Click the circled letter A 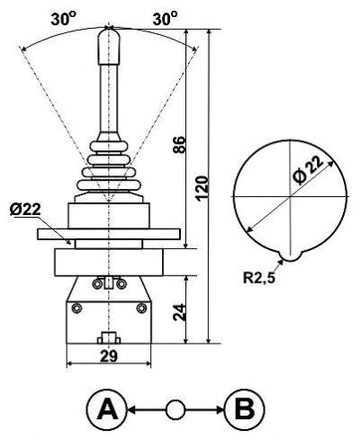(x=106, y=409)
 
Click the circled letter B (x=245, y=409)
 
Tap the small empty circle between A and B (x=175, y=409)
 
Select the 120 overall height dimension (x=202, y=188)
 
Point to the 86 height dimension (x=180, y=145)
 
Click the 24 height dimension (x=180, y=313)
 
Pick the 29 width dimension (x=109, y=356)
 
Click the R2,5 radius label (x=258, y=278)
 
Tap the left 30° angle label (x=63, y=19)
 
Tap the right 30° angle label (x=165, y=19)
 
